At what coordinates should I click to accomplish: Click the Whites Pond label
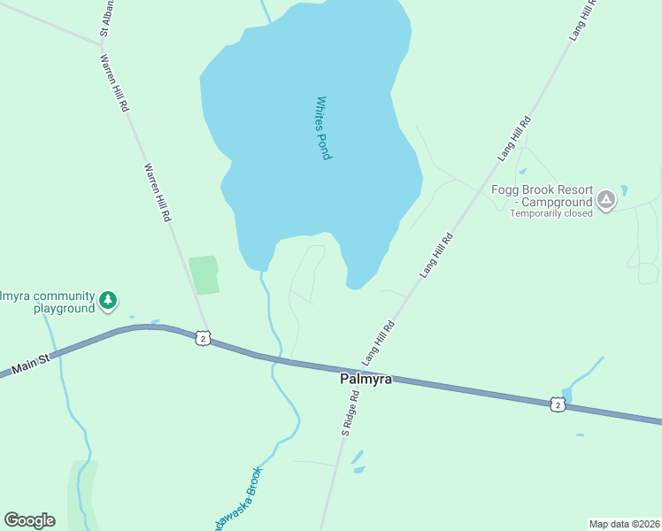[323, 127]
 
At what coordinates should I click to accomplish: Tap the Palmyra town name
[366, 379]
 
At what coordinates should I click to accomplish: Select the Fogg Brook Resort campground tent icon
[606, 200]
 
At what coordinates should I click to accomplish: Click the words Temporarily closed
[550, 213]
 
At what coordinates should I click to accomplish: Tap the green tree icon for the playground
[108, 301]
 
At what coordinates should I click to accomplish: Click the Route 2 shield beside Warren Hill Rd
[204, 338]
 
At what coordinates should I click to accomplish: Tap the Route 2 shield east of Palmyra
[557, 404]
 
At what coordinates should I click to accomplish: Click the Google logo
[29, 520]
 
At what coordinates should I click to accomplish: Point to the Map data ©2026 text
[624, 523]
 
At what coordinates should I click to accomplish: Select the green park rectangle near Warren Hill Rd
[204, 274]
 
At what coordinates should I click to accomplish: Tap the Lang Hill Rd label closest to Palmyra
[379, 342]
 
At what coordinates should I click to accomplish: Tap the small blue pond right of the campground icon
[624, 190]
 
